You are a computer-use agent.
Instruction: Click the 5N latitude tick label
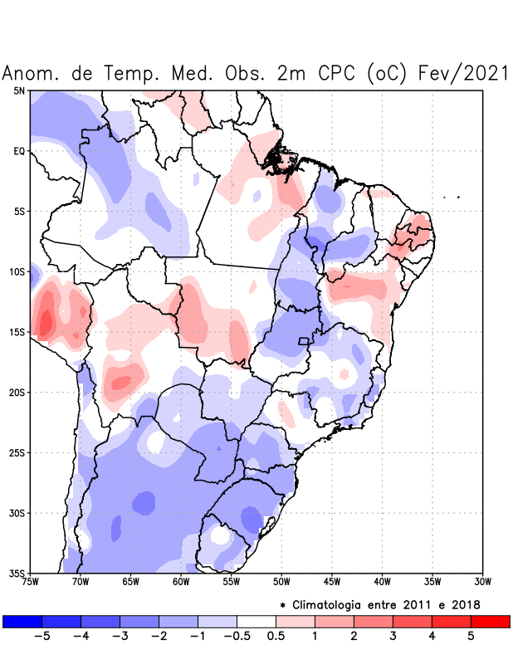tap(19, 90)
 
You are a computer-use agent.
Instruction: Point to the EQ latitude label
tap(19, 151)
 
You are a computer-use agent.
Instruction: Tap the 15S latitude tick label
tap(17, 332)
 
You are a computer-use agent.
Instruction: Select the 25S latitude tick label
tap(17, 452)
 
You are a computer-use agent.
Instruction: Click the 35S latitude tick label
tap(17, 573)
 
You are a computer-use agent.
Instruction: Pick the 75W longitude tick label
tap(31, 581)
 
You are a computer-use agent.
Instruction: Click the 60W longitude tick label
tap(181, 581)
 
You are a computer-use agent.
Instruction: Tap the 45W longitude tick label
tap(332, 581)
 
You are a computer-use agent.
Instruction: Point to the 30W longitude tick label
tap(482, 581)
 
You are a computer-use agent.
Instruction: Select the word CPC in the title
tap(336, 73)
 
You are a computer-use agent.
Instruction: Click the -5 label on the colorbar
tap(42, 636)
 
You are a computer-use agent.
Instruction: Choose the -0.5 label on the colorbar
tap(236, 636)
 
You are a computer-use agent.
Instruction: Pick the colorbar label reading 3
tap(393, 636)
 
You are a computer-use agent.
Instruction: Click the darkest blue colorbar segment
tap(22, 621)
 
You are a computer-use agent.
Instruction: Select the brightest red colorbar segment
tap(490, 621)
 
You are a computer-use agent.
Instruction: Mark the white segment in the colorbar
tap(256, 621)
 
